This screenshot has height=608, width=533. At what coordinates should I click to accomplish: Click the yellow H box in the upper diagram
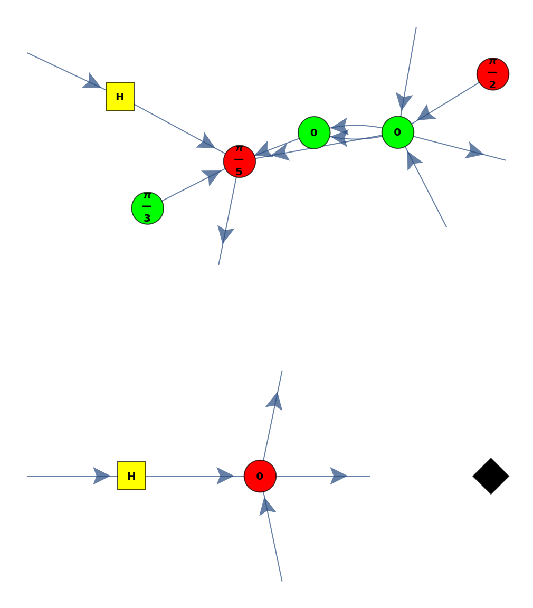tap(120, 97)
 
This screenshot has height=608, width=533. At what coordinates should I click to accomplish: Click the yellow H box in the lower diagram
tap(131, 476)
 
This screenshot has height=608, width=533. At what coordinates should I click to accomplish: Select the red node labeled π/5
tap(239, 161)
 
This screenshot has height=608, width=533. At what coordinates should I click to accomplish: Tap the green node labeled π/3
tap(147, 208)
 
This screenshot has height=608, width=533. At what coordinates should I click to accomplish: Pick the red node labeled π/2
tap(492, 74)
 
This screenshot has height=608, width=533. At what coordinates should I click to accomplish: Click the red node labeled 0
tap(260, 476)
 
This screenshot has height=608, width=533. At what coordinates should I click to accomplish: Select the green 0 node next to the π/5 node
tap(314, 132)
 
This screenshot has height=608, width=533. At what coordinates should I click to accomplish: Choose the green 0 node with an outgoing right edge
tap(397, 132)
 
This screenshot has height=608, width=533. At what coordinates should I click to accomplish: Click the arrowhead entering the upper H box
tap(92, 82)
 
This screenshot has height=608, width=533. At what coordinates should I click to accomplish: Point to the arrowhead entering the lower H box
tap(101, 476)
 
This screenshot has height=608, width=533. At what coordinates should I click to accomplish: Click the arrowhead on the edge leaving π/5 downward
tap(225, 234)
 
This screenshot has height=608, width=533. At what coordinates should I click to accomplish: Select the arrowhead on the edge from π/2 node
tap(426, 113)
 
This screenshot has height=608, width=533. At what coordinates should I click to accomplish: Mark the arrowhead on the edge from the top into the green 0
tap(404, 101)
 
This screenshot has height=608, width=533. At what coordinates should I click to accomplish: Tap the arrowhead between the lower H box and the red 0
tap(225, 476)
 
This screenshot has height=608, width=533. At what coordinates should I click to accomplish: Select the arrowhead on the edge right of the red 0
tap(338, 476)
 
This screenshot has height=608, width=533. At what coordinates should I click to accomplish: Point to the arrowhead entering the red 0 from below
tap(266, 506)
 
